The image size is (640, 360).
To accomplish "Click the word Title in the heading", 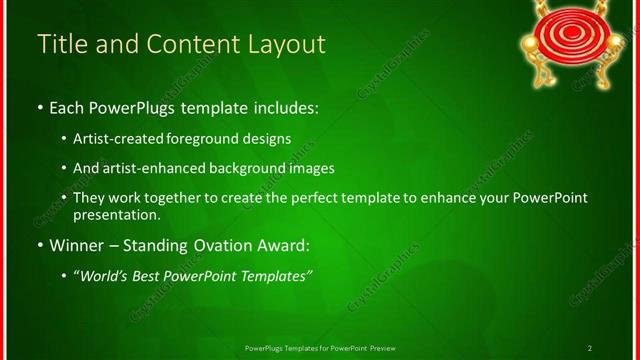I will tap(61, 45).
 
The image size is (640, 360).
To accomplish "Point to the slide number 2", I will tap(590, 348).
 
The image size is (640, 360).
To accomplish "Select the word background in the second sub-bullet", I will tap(271, 169).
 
